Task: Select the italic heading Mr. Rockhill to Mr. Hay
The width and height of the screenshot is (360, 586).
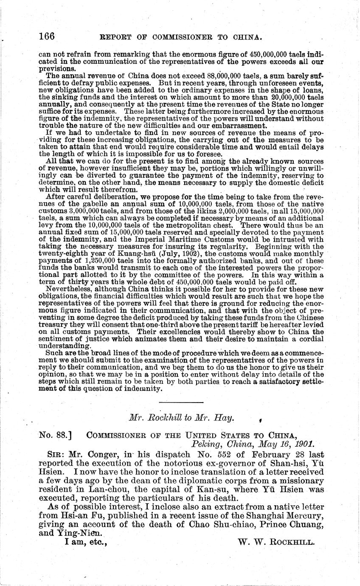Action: [x=181, y=418]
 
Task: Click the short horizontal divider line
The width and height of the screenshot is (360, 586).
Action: [x=181, y=402]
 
